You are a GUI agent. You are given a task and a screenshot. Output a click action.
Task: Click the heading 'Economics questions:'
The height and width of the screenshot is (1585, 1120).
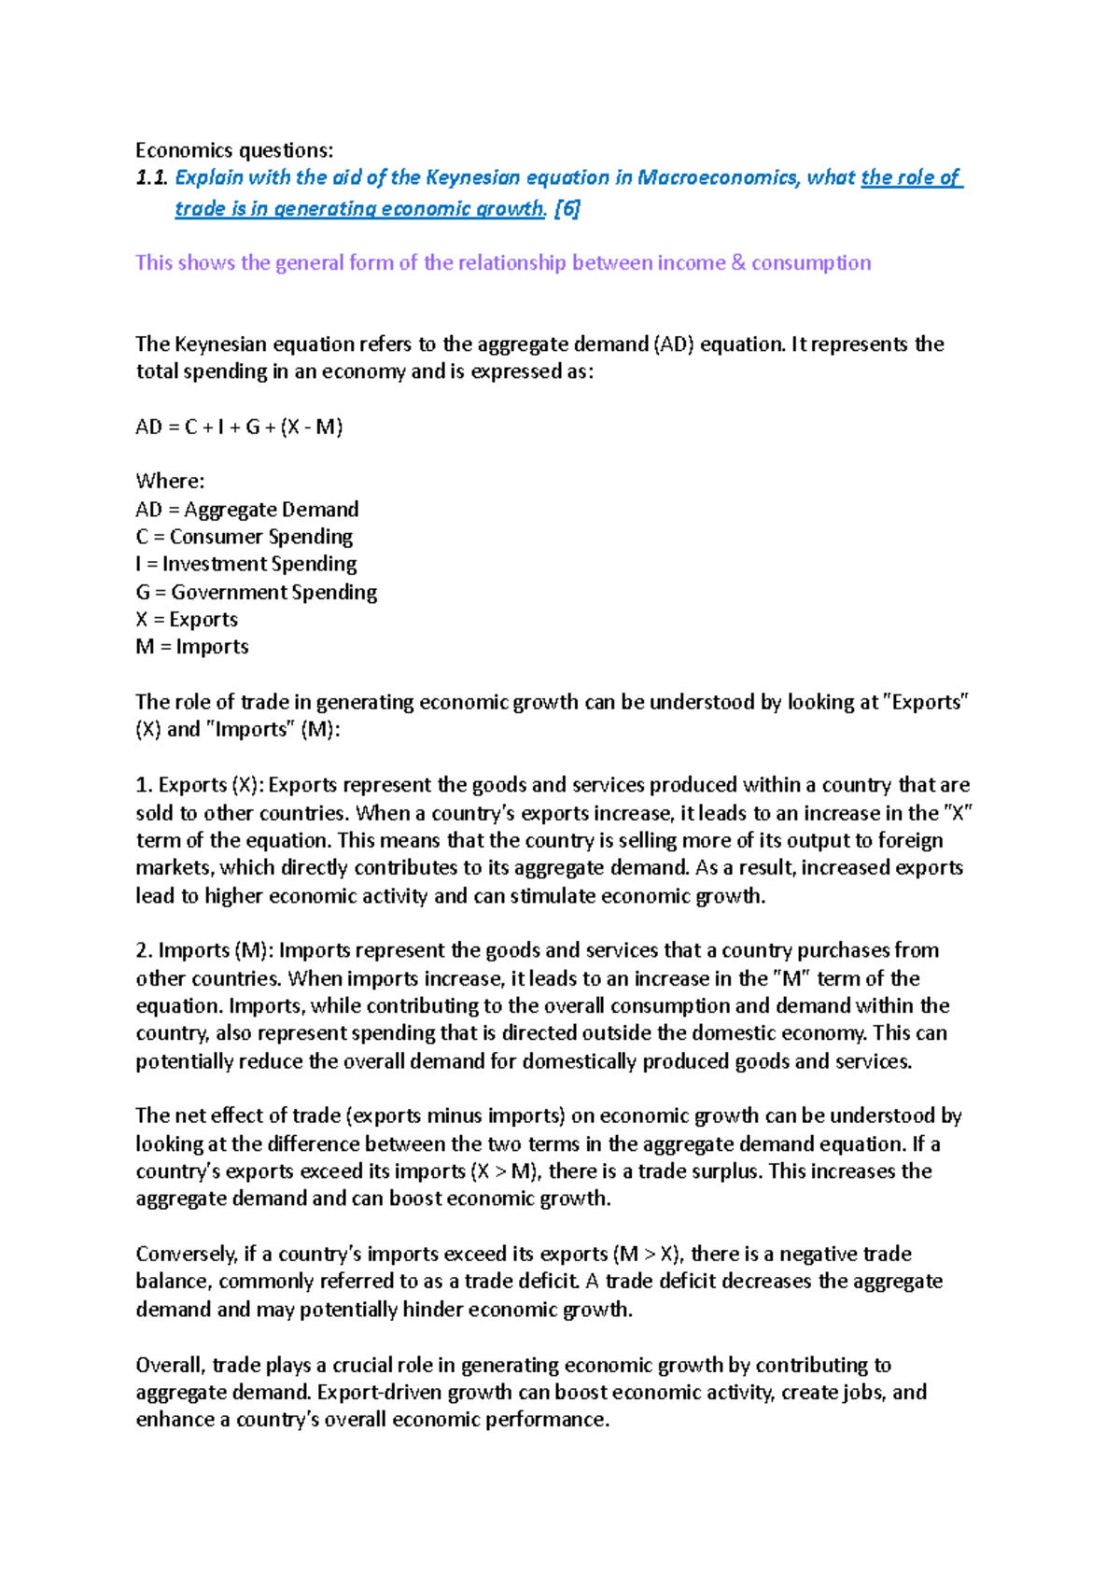click(233, 150)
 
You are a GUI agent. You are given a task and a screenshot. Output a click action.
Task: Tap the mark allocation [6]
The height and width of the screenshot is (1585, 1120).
click(567, 208)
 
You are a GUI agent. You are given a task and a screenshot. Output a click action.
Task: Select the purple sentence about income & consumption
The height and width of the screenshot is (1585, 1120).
click(502, 262)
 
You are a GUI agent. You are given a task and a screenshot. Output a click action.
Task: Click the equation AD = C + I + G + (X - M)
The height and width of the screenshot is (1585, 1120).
click(239, 428)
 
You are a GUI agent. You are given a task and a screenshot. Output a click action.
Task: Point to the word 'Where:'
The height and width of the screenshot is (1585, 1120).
click(169, 482)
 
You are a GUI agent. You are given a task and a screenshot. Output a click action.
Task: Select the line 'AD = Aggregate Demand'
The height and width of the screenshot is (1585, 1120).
click(246, 510)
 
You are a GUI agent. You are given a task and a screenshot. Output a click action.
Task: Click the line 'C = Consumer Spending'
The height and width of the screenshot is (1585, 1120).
click(244, 537)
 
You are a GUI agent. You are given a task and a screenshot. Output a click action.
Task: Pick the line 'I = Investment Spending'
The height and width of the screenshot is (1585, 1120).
click(245, 564)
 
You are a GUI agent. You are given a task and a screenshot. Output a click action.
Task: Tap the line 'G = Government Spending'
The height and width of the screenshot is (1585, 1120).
click(256, 592)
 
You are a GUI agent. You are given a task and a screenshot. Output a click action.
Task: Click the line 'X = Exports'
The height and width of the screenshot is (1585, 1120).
click(187, 620)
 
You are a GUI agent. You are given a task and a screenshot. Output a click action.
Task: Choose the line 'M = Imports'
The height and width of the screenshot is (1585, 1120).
click(191, 647)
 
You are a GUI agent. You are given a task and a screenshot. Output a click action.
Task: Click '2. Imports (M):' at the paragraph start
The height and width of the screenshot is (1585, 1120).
click(204, 950)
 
